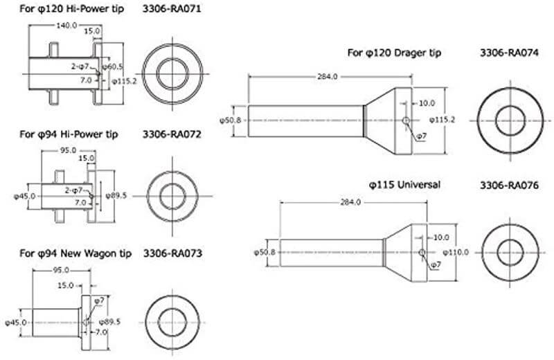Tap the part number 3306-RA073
point(172,253)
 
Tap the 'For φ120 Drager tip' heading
point(394,53)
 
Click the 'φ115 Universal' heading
point(404,186)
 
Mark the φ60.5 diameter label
point(112,66)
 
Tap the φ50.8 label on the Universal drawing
point(267,252)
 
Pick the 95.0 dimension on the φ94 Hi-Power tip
point(68,150)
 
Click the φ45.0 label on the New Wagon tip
point(17,322)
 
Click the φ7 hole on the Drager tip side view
point(405,120)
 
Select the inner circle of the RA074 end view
point(509,120)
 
